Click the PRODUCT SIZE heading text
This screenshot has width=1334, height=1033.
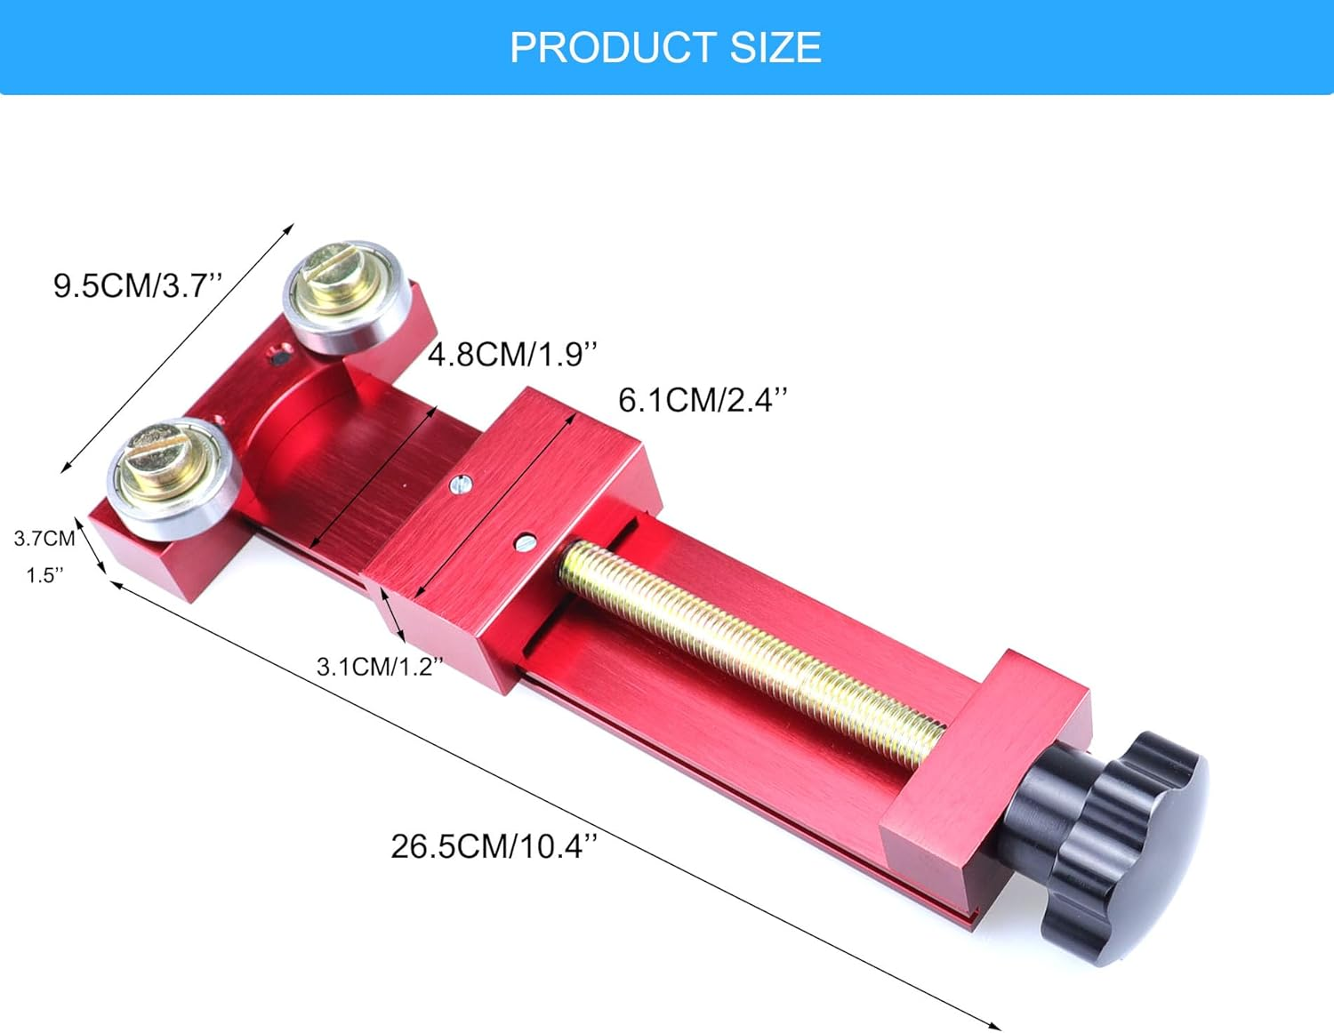tap(665, 47)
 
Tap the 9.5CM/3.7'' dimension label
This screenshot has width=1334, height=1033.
tap(137, 285)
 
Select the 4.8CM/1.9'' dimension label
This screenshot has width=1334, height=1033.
tap(512, 354)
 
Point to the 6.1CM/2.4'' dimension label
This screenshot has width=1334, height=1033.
tap(703, 400)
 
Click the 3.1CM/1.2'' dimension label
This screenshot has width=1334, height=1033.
tap(379, 666)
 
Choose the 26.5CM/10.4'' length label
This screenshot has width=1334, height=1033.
tap(494, 845)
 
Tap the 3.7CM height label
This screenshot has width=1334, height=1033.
tap(44, 538)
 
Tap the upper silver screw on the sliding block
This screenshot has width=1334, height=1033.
tap(460, 484)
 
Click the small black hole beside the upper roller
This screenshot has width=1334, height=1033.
tap(279, 358)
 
